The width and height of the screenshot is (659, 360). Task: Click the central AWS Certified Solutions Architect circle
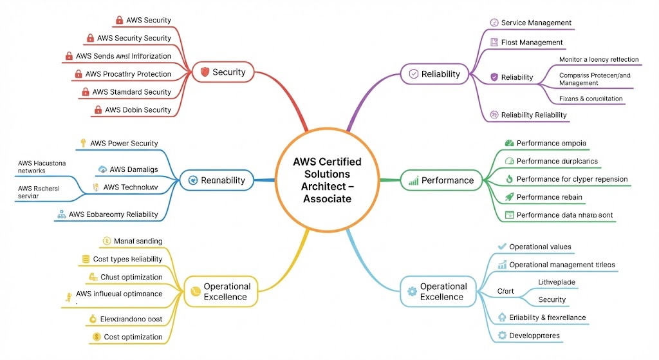326,180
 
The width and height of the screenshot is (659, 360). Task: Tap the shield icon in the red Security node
205,72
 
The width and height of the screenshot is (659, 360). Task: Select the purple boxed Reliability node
432,74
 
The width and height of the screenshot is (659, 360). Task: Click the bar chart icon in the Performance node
413,181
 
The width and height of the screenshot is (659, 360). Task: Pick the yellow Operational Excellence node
221,292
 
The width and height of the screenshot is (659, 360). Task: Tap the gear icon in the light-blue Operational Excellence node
413,292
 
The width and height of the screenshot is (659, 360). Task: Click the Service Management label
535,23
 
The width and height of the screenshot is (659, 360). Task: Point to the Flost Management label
532,43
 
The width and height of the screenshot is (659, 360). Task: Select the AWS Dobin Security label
138,110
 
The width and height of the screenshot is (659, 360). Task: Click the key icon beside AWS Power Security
82,143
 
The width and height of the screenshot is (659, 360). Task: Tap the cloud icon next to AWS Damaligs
102,169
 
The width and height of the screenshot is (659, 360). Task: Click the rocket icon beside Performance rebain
509,197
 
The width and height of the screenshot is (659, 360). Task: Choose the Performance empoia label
551,143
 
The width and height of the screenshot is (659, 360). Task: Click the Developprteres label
534,336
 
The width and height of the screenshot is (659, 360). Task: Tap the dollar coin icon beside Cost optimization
96,337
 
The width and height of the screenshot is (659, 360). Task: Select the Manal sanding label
138,241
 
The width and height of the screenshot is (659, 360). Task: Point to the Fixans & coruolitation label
591,99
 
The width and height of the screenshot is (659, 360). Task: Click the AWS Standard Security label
131,92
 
